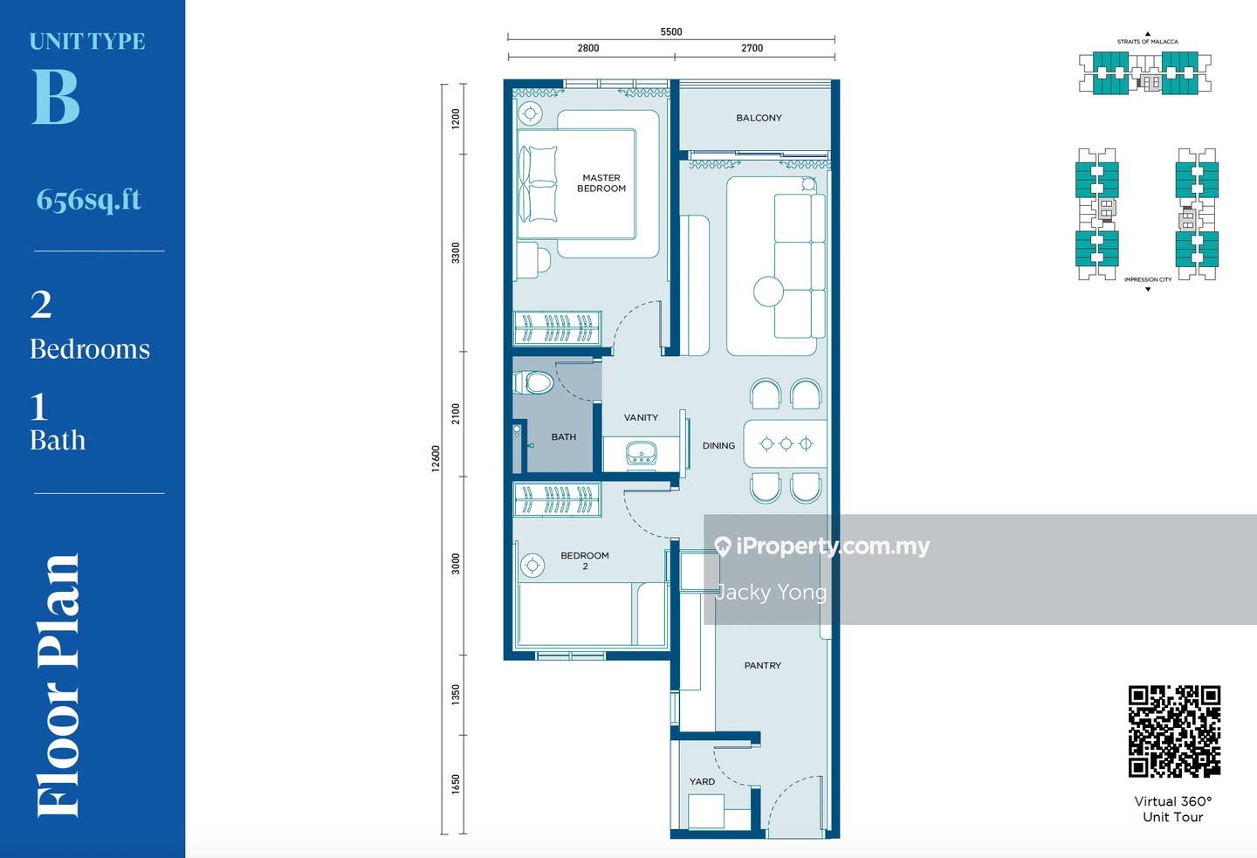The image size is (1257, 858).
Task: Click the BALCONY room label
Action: click(759, 118)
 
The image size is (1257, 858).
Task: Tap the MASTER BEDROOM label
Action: click(601, 183)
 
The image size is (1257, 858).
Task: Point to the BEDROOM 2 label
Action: click(585, 560)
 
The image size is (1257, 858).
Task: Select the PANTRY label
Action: click(763, 665)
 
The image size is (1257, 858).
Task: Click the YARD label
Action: click(702, 782)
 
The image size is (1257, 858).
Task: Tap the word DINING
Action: click(718, 445)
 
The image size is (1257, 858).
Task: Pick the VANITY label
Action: click(641, 417)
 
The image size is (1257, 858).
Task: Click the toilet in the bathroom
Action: click(533, 382)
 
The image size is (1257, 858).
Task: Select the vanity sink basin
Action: click(642, 453)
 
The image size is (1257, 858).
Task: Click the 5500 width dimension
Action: click(671, 32)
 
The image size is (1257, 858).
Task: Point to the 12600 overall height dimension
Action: click(436, 458)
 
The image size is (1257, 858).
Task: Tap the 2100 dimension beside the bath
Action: click(456, 414)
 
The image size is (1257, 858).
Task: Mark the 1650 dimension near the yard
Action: click(456, 784)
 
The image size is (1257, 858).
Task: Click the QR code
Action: click(1174, 731)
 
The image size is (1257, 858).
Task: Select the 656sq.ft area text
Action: click(89, 200)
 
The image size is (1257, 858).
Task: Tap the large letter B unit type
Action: click(56, 97)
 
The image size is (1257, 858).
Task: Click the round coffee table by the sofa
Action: click(768, 292)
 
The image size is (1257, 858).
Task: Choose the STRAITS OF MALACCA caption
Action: click(1148, 42)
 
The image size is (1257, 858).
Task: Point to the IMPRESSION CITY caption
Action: click(1148, 279)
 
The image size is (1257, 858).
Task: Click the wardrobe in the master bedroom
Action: click(558, 327)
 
